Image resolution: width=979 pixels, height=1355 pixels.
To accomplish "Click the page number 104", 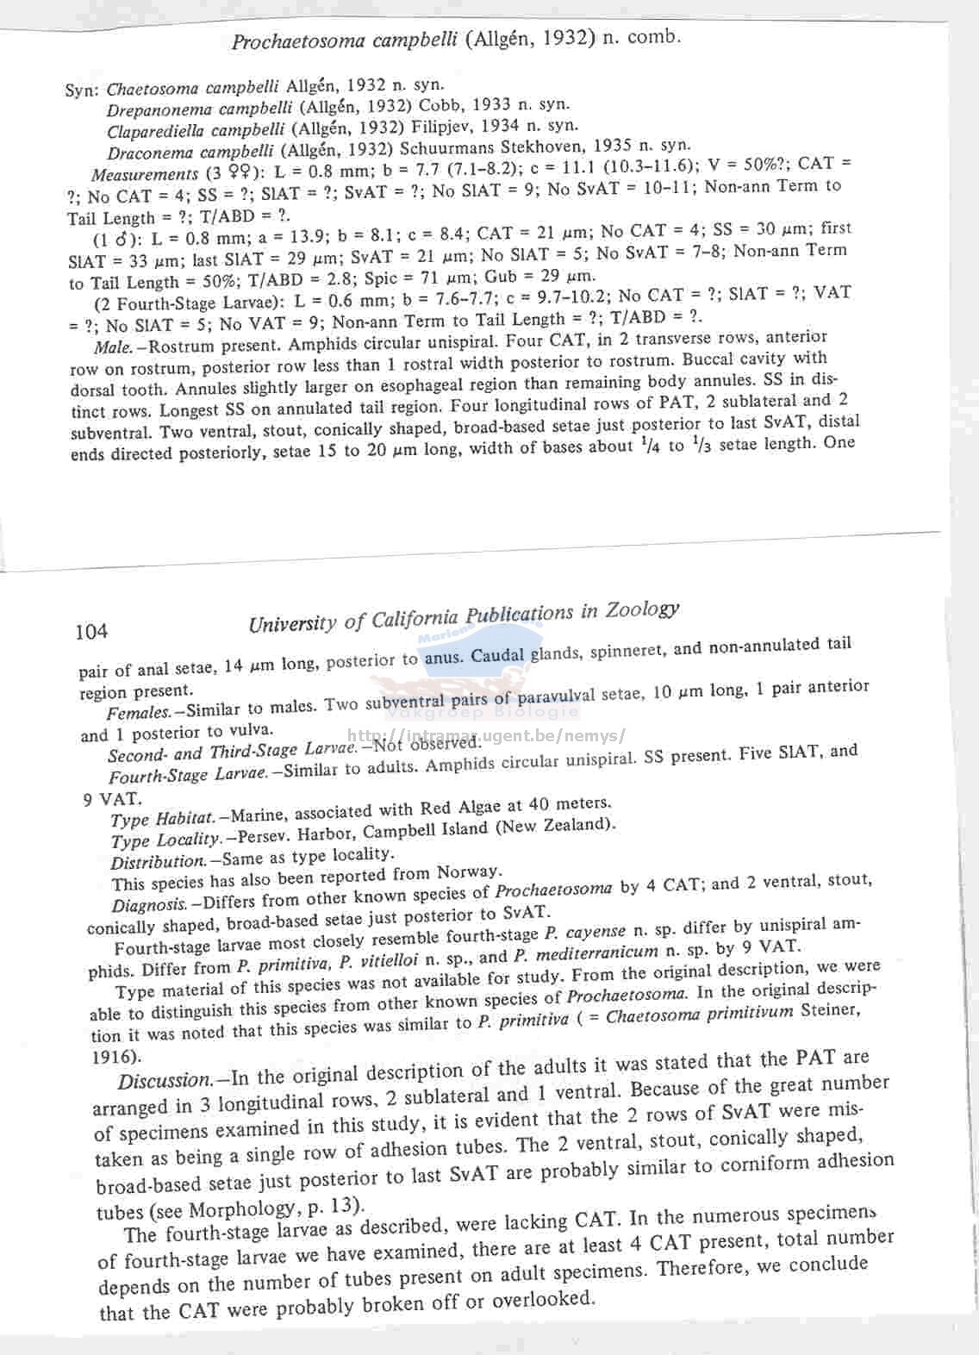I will tap(91, 632).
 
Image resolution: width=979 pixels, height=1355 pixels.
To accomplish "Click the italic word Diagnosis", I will tap(149, 905).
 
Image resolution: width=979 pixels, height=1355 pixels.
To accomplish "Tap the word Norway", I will tap(468, 872).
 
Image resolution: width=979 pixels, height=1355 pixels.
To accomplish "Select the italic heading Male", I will tap(112, 347).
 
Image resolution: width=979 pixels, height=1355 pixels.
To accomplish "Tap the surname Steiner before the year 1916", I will tap(830, 1009).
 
